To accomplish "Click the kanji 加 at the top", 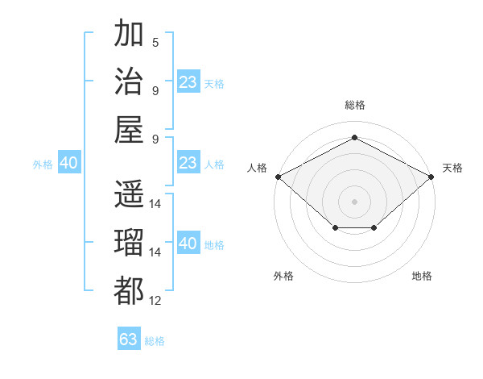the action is click(x=129, y=32).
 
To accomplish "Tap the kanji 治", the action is click(x=129, y=81).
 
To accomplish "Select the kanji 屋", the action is click(x=129, y=130).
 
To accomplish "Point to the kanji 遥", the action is click(x=129, y=194).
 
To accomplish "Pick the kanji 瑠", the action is click(x=129, y=242).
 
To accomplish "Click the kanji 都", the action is click(x=129, y=291).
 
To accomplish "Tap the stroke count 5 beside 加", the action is click(x=155, y=42).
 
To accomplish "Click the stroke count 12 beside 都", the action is click(x=155, y=300).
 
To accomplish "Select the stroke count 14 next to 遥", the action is click(x=155, y=204).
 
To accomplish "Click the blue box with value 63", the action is click(x=129, y=338).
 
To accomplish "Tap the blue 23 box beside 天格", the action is click(x=188, y=81).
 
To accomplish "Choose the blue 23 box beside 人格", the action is click(x=188, y=162).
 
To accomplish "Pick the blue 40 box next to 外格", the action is click(x=69, y=162).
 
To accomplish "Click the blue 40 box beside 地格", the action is click(x=188, y=242).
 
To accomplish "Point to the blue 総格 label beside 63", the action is click(x=155, y=341).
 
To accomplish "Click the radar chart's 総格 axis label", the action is click(x=355, y=105).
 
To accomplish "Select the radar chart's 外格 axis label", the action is click(x=283, y=276).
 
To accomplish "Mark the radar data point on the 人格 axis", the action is click(x=279, y=177).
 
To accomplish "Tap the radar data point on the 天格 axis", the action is click(x=431, y=177).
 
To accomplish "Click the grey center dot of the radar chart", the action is click(x=354, y=202).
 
